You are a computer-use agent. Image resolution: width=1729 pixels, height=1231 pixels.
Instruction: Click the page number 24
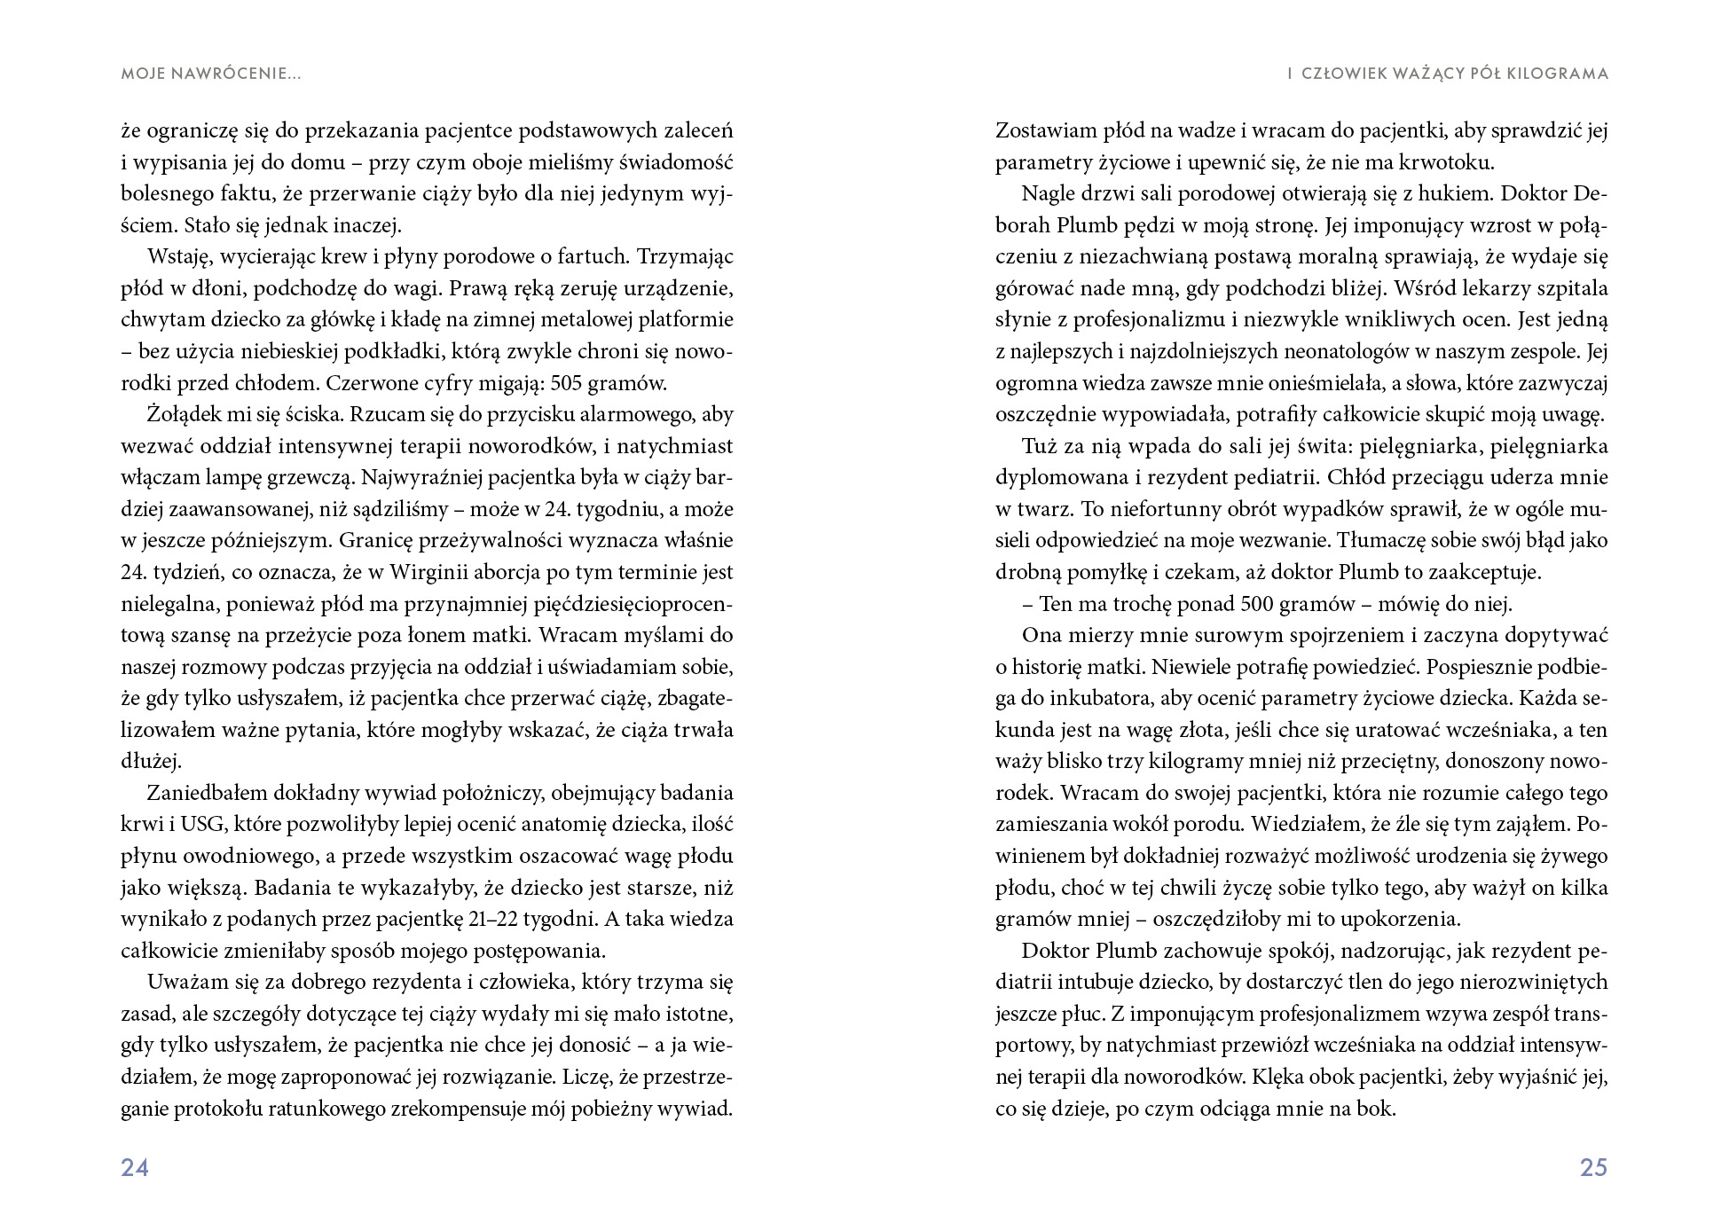pyautogui.click(x=135, y=1167)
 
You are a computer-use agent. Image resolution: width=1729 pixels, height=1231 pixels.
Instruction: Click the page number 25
pyautogui.click(x=1593, y=1167)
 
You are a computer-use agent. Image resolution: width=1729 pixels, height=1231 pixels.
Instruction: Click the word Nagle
pyautogui.click(x=1047, y=193)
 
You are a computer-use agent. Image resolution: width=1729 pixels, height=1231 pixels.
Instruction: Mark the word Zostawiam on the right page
pyautogui.click(x=1044, y=130)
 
